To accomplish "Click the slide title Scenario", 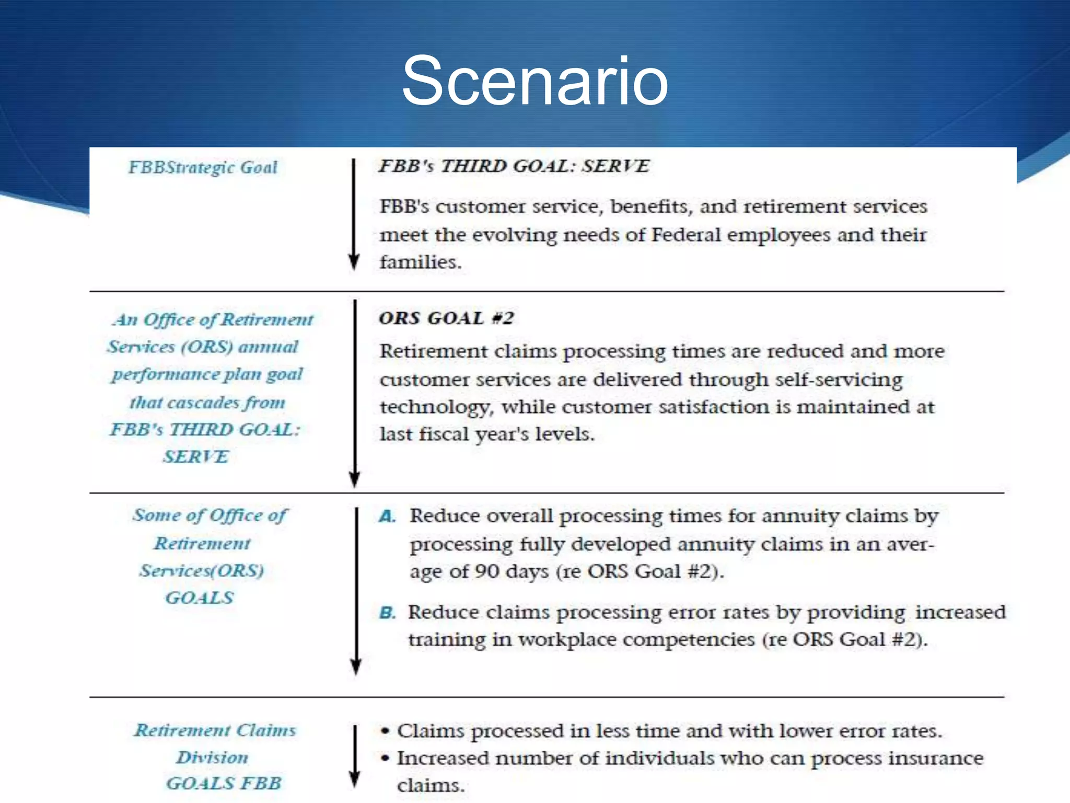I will [x=534, y=81].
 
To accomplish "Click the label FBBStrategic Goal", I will [x=203, y=167].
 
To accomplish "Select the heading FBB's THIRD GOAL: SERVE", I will [x=514, y=166].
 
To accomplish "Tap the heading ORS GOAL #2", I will [x=446, y=318].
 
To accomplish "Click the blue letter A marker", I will [x=387, y=517].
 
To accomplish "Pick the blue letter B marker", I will [x=387, y=613].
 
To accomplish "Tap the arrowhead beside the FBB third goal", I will [x=354, y=261].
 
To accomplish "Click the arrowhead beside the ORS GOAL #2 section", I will [x=355, y=478].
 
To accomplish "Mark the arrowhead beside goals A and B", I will [x=356, y=666].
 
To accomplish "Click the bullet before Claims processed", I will [x=385, y=731].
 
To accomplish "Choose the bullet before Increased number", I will [x=385, y=758].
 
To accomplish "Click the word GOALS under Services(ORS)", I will [x=200, y=598].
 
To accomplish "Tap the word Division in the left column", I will [x=212, y=757].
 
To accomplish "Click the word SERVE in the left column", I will [x=196, y=457].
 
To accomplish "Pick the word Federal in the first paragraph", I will [x=685, y=235].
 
